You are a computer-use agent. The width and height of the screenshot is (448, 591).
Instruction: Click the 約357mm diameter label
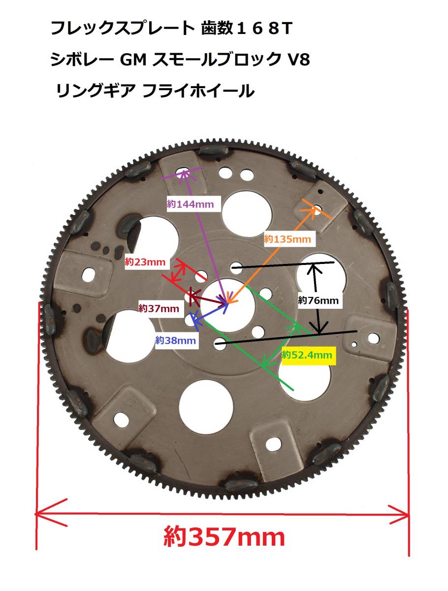[224, 537]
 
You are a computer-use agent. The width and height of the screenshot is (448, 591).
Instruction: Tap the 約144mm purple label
[190, 204]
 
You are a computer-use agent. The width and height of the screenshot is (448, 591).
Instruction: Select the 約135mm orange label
[288, 239]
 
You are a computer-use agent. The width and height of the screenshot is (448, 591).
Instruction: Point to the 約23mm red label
[145, 262]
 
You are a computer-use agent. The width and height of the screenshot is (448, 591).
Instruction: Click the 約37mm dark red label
[159, 308]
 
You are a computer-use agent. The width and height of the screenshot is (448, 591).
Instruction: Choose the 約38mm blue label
[175, 341]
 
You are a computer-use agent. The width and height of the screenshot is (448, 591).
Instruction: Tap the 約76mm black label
[318, 300]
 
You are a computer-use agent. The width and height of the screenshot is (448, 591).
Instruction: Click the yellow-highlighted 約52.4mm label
[307, 355]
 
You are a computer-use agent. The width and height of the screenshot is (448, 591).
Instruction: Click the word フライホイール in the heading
[198, 91]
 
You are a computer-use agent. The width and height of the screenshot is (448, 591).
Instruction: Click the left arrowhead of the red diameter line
[51, 513]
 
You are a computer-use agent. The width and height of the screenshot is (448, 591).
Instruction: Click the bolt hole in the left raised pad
[89, 275]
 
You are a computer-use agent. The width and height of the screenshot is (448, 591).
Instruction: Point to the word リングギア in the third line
[95, 91]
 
